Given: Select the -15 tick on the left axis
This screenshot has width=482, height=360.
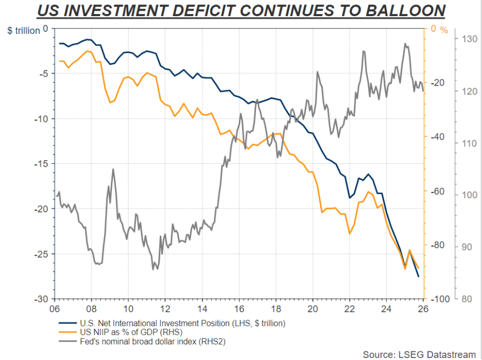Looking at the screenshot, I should tap(40, 164).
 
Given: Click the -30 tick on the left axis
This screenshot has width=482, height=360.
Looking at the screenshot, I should tap(40, 299).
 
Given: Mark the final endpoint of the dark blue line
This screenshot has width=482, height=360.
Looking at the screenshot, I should tap(418, 276).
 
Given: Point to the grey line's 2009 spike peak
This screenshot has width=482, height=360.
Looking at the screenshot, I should tap(113, 169).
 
